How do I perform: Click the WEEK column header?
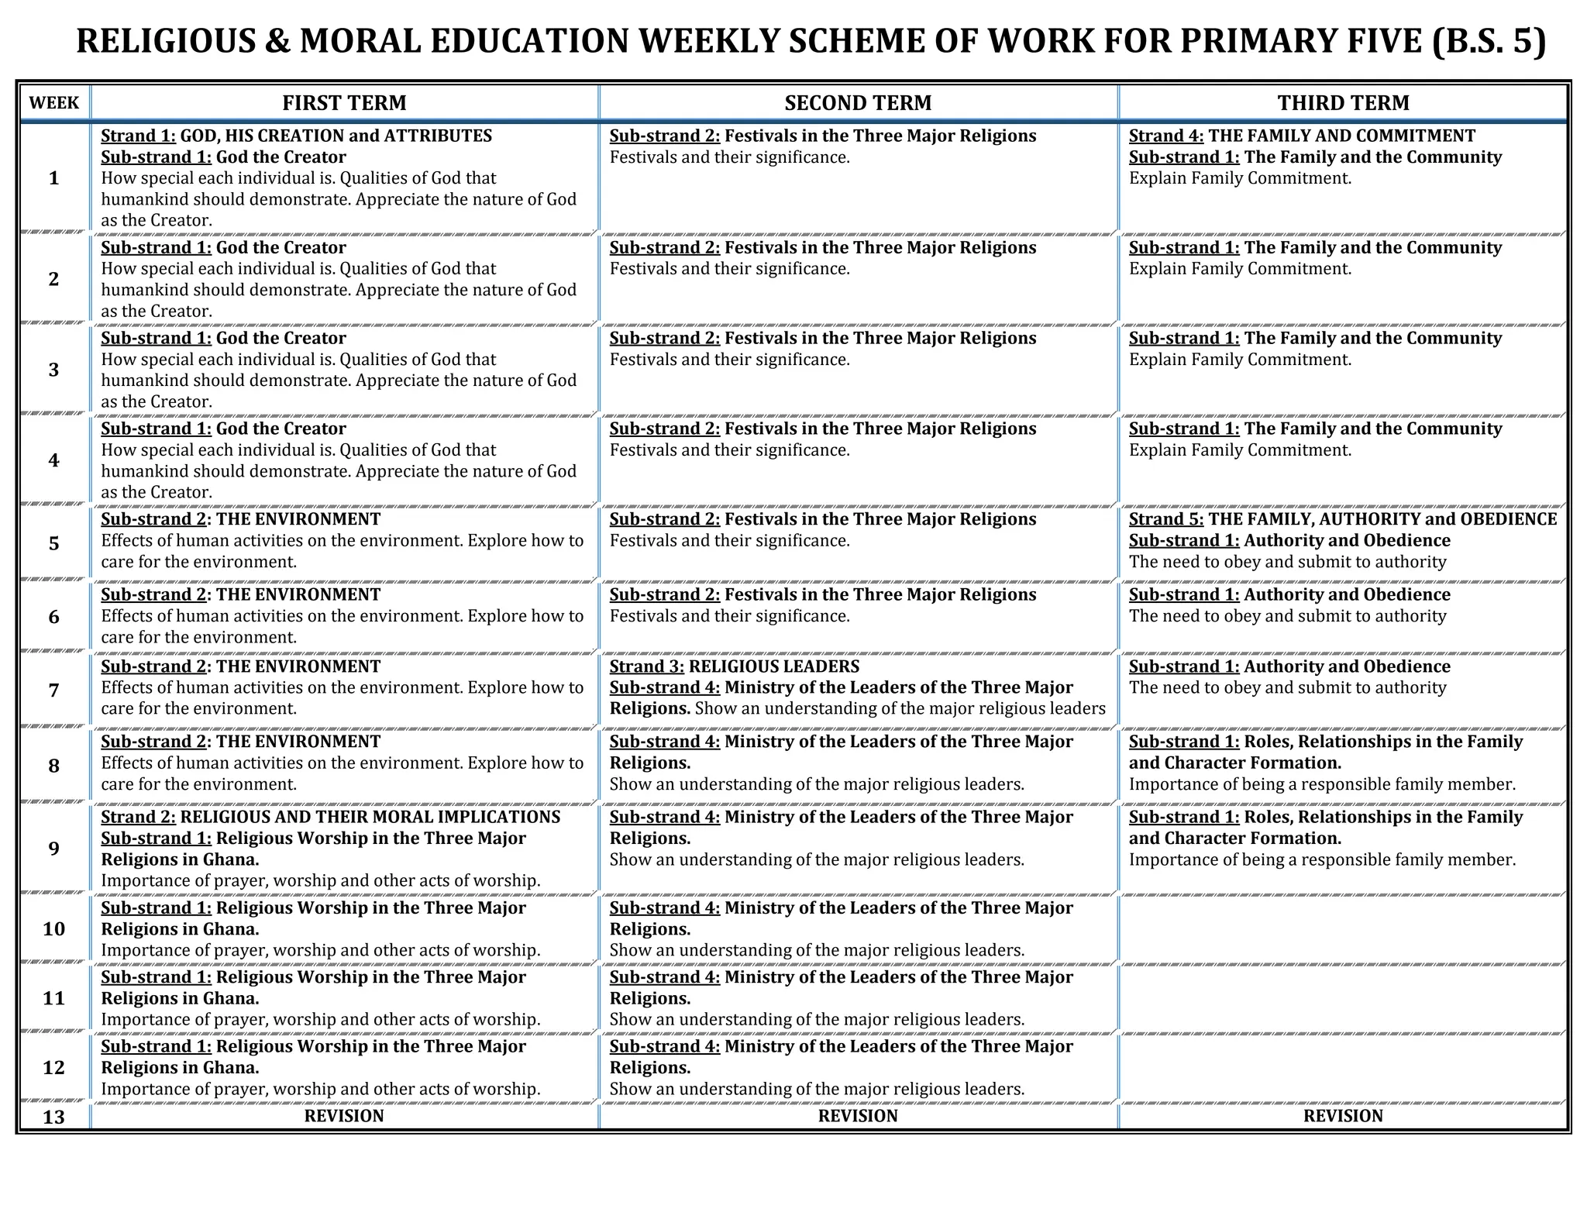(53, 103)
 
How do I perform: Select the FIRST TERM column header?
(344, 103)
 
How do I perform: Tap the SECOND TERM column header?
(858, 103)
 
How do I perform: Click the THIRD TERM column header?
(1343, 103)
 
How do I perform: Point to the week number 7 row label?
(53, 690)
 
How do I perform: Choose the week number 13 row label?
(53, 1117)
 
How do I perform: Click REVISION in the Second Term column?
(858, 1116)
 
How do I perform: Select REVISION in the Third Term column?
(1343, 1116)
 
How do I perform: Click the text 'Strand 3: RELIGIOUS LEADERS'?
(734, 666)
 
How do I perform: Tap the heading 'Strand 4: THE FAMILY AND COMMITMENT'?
(1302, 136)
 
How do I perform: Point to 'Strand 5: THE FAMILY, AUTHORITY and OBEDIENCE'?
(1342, 519)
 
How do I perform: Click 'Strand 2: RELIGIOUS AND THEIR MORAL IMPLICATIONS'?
(330, 817)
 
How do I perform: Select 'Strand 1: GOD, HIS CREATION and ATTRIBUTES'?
(296, 136)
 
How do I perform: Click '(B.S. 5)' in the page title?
(1488, 41)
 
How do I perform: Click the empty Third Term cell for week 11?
(1343, 998)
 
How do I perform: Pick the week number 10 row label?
(53, 928)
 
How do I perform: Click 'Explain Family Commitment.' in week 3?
(1240, 360)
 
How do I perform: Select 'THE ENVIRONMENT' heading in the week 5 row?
(298, 519)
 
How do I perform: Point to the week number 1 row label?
(53, 178)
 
